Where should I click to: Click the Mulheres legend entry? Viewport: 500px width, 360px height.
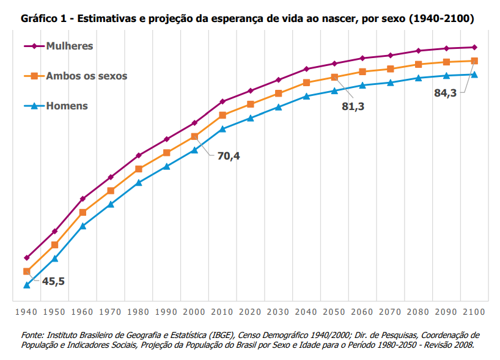coord(70,46)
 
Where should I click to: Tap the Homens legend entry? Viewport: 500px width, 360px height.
coord(67,106)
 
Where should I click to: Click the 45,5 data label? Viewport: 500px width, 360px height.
coord(53,281)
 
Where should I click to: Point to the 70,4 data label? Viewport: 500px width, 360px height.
coord(229,156)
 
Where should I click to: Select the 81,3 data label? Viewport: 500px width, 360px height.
coord(353,106)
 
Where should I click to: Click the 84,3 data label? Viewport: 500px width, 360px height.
coord(445,93)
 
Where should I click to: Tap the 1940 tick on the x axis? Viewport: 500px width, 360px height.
coord(26,312)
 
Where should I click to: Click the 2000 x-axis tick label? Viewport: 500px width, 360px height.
coord(194,312)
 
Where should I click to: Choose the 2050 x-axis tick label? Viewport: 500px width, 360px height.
coord(334,312)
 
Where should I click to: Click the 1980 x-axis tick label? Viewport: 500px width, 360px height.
coord(138,312)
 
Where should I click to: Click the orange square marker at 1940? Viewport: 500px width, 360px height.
coord(27,271)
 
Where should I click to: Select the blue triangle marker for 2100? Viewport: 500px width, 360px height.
coord(474,75)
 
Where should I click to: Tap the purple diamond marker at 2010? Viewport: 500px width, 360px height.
coord(222,101)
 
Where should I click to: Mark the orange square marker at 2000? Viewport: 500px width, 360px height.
coord(194,136)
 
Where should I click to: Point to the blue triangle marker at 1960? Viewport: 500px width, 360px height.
coord(83,226)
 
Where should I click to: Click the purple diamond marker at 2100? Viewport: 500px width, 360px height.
coord(474,47)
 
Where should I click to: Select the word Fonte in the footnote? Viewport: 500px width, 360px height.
coord(33,335)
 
